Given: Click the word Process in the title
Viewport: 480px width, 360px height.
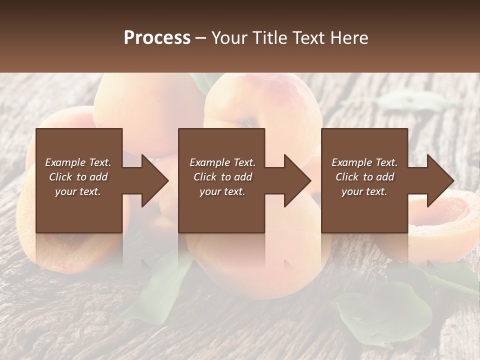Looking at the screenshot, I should [157, 38].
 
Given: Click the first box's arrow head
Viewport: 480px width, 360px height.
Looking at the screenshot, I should [155, 180].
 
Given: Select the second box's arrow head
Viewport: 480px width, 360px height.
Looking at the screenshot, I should [297, 180].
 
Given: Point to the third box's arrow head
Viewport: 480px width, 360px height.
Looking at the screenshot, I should [440, 180].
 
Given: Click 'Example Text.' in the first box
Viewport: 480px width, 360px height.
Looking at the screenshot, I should [78, 162].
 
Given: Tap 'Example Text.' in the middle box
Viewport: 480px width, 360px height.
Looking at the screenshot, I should [222, 162].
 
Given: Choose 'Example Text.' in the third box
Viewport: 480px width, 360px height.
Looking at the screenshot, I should [364, 162].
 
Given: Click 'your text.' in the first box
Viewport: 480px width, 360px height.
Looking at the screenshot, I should [78, 191].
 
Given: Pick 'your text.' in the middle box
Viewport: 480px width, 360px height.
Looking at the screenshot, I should [222, 191].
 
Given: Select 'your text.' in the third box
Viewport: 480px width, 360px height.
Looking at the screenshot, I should [364, 191].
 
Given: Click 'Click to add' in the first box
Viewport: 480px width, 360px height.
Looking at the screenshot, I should [78, 177].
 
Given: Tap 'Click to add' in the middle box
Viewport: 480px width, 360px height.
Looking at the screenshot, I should [222, 177].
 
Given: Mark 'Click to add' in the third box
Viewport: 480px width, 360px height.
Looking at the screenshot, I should [364, 177].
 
